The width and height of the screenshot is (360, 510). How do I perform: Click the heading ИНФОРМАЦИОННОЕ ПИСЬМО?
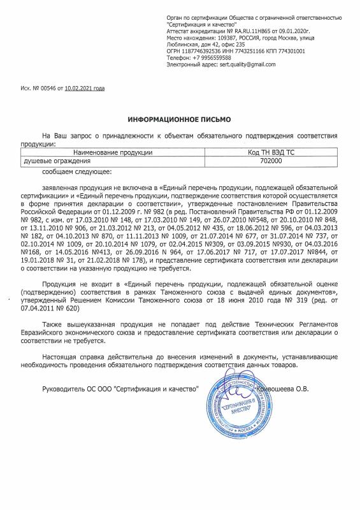pos(180,119)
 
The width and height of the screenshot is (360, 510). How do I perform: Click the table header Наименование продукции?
pos(112,153)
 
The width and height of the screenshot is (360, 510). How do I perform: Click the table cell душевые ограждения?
pos(52,162)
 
